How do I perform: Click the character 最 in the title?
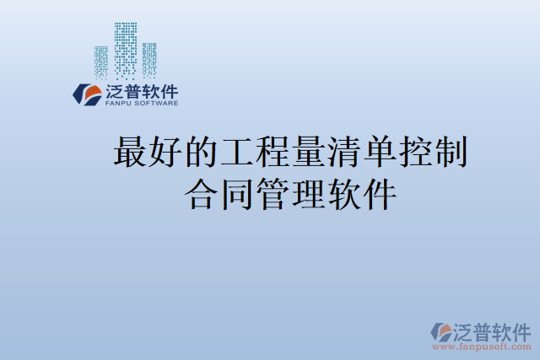pos(129,154)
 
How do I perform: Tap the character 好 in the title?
pos(165,154)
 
